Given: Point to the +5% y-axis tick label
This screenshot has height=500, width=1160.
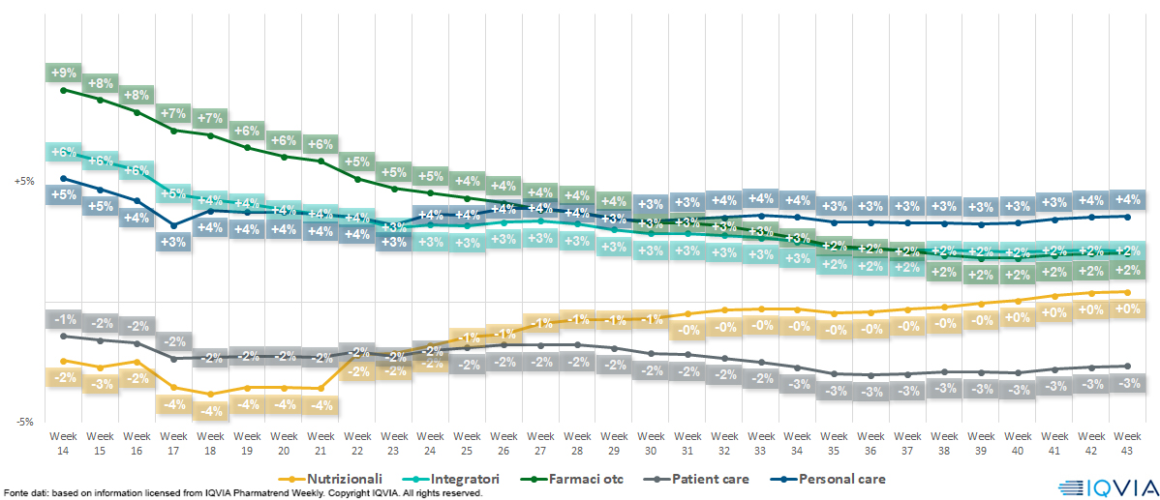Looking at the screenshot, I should pos(23,181).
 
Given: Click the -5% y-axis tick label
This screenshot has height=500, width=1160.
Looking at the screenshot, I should pos(23,422).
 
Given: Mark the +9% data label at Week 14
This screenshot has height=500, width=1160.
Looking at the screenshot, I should pos(63,73).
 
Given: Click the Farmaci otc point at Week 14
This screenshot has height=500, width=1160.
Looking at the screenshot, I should pos(63,90).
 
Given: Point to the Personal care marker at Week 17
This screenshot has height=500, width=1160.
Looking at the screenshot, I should pos(173,225).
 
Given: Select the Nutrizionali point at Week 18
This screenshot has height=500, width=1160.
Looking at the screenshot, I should pos(210,394).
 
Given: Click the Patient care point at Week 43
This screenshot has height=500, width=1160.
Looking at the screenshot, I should pos(1126,366).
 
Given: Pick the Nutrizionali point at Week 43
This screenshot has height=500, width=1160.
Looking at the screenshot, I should pos(1126,291).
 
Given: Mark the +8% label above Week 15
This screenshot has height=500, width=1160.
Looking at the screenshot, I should pos(100,82).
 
